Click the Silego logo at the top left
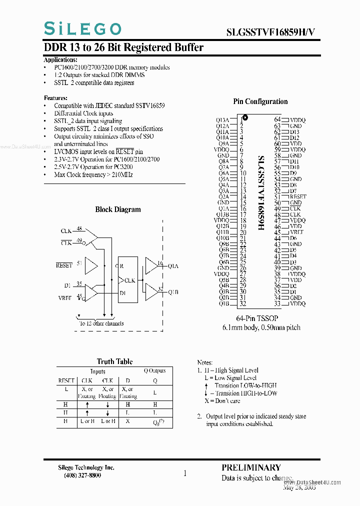tap(82, 29)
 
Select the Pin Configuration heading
tap(260, 101)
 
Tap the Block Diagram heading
tap(118, 209)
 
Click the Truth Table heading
tap(114, 361)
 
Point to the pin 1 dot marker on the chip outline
tap(245, 118)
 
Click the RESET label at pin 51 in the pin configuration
tap(297, 197)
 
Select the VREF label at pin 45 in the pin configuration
tap(296, 232)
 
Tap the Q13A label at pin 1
tap(222, 120)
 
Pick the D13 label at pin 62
tap(294, 132)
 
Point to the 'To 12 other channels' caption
tap(101, 323)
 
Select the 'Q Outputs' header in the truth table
tap(155, 371)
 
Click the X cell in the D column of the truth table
tap(128, 421)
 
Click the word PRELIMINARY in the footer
tap(251, 467)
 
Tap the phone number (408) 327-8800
tap(82, 475)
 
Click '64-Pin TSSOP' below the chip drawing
tap(257, 318)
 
